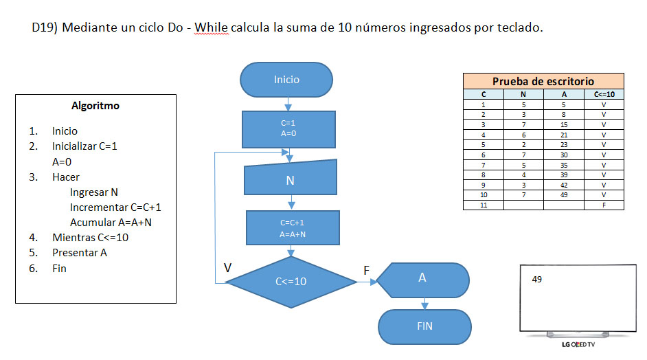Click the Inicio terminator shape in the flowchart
pyautogui.click(x=286, y=80)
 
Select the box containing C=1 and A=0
pyautogui.click(x=288, y=128)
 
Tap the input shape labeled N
pyautogui.click(x=291, y=181)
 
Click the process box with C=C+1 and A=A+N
pyautogui.click(x=293, y=228)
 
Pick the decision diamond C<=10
pyautogui.click(x=291, y=282)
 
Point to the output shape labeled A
pyautogui.click(x=422, y=278)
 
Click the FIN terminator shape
pyautogui.click(x=424, y=326)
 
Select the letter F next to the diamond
pyautogui.click(x=367, y=271)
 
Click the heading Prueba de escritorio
pyautogui.click(x=543, y=81)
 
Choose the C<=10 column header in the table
pyautogui.click(x=603, y=94)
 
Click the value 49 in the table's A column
pyautogui.click(x=563, y=195)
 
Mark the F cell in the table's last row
pyautogui.click(x=603, y=205)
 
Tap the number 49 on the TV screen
pyautogui.click(x=537, y=280)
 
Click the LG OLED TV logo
pyautogui.click(x=578, y=345)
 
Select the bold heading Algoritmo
pyautogui.click(x=95, y=106)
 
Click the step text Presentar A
pyautogui.click(x=80, y=252)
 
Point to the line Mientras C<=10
pyautogui.click(x=90, y=237)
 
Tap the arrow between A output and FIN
pyautogui.click(x=424, y=303)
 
